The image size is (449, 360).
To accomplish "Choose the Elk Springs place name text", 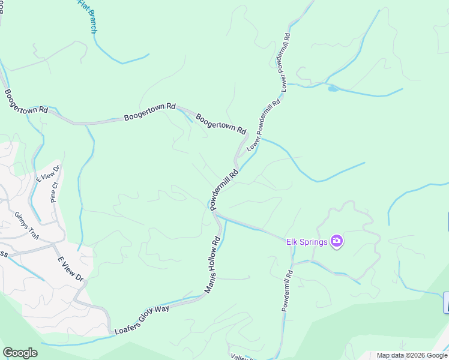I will [306, 242].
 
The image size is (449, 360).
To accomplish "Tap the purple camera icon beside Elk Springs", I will [337, 241].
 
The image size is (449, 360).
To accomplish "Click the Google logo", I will [20, 353].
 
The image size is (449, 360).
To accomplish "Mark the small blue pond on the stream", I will [333, 89].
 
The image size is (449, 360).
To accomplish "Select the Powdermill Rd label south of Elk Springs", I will [287, 290].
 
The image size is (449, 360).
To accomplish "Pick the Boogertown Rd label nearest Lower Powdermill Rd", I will [221, 122].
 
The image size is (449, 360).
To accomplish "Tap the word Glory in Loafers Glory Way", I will [145, 317].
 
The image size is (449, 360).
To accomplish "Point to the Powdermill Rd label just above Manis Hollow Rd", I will [224, 188].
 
